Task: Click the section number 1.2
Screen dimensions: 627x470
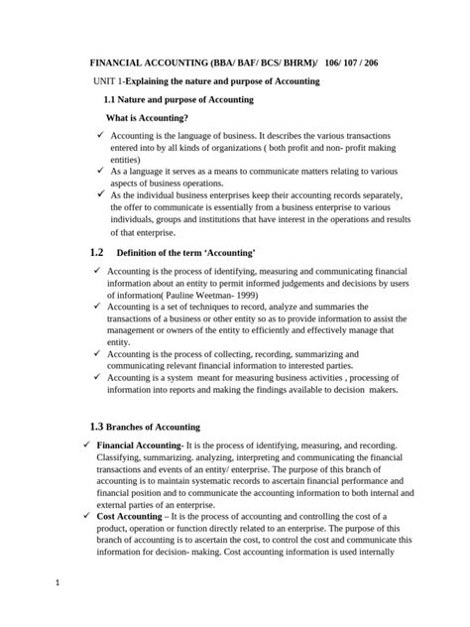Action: (96, 254)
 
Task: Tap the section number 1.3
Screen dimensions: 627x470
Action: (96, 427)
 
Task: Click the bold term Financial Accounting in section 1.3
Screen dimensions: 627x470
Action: (139, 446)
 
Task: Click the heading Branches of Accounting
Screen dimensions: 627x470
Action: (153, 428)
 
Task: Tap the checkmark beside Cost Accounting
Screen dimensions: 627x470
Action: (87, 518)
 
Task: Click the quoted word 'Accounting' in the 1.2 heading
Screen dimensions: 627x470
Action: (227, 254)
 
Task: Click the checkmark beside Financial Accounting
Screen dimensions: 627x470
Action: (87, 446)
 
